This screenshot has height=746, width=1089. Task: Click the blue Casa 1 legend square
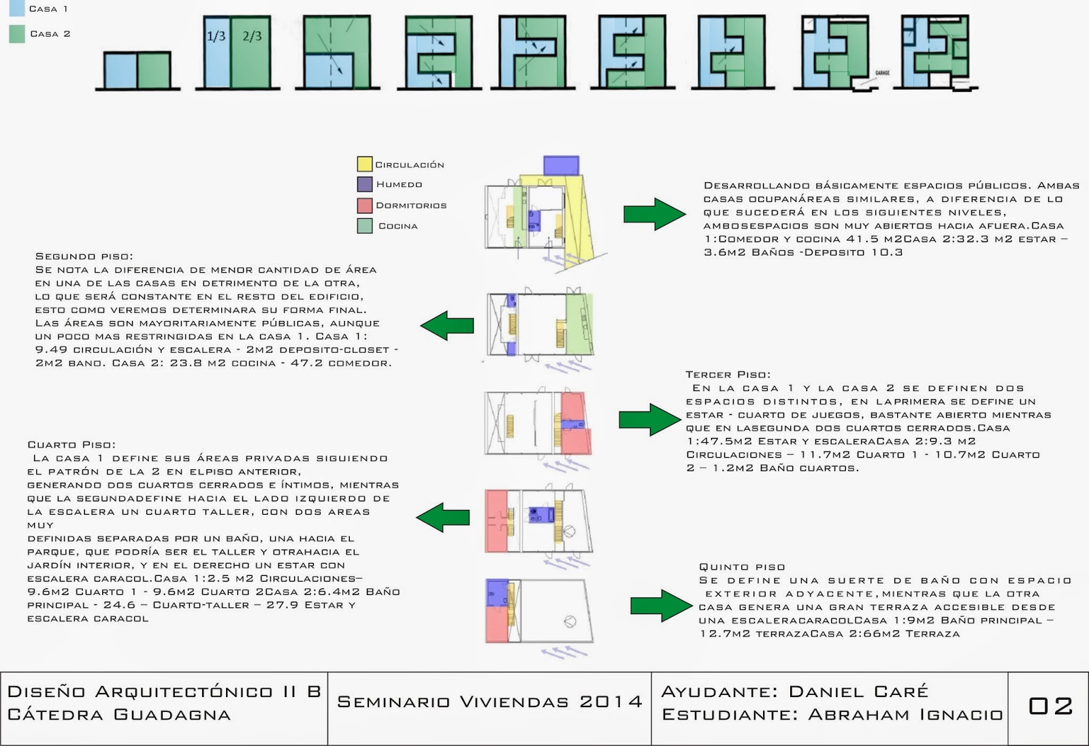click(17, 7)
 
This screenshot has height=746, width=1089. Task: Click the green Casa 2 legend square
click(17, 33)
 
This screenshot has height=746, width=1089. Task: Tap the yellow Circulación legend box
click(365, 164)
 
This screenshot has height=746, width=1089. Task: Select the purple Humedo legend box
click(365, 184)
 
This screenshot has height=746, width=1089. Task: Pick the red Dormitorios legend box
click(365, 205)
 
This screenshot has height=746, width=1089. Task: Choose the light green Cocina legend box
click(365, 226)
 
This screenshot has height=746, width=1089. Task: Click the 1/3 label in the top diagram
click(216, 36)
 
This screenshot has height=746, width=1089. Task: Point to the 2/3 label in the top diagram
click(252, 36)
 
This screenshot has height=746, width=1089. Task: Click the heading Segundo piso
click(84, 256)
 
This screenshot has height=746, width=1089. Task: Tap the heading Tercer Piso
click(728, 375)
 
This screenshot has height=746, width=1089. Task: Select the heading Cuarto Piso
click(71, 445)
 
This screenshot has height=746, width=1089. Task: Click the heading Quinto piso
click(742, 567)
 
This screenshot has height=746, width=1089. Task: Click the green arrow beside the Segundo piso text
click(447, 325)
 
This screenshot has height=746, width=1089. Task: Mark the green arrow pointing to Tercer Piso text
click(649, 419)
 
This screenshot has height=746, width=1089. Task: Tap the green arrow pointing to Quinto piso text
click(660, 605)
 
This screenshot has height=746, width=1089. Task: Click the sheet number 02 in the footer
click(1050, 706)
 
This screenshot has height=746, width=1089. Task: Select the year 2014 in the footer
click(611, 702)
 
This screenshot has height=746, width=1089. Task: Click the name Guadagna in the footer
click(172, 715)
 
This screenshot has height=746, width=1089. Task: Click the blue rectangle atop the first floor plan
click(561, 165)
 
